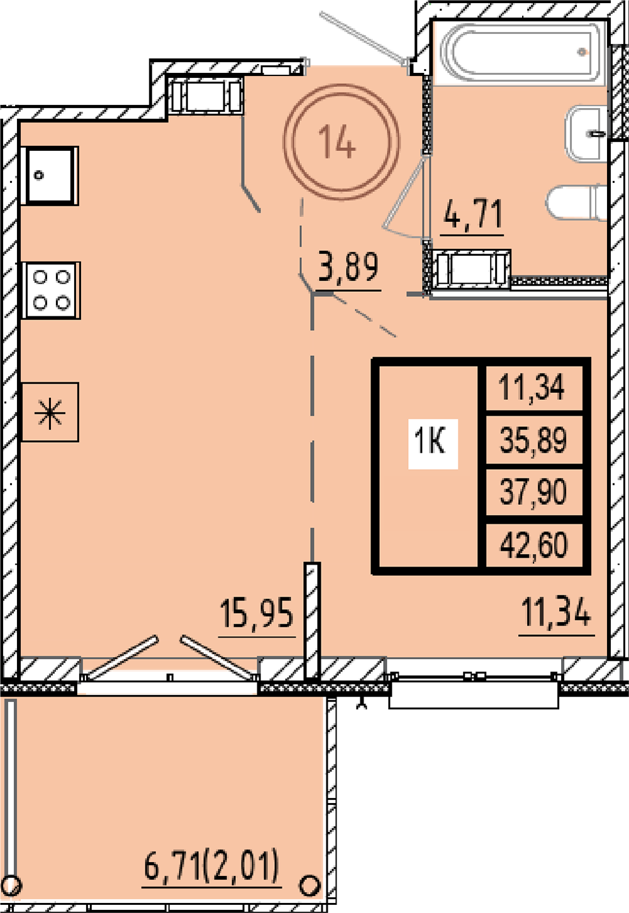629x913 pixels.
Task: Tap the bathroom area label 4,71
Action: click(x=473, y=215)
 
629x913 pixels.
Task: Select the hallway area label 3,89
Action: click(x=348, y=267)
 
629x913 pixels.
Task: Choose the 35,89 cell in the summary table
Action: click(x=533, y=440)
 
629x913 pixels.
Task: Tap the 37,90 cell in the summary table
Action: click(x=533, y=492)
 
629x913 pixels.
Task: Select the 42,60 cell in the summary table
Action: click(x=533, y=545)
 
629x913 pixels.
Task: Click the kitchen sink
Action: click(x=50, y=175)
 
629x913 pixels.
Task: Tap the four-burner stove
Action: click(x=51, y=290)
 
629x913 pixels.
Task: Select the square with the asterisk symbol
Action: click(x=50, y=412)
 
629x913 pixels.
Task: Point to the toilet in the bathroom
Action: click(x=576, y=203)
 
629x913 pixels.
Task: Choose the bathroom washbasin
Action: click(x=586, y=134)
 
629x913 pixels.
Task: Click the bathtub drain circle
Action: click(x=582, y=52)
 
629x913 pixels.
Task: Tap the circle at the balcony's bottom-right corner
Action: click(x=309, y=886)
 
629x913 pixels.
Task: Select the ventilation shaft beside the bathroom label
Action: click(x=472, y=269)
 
